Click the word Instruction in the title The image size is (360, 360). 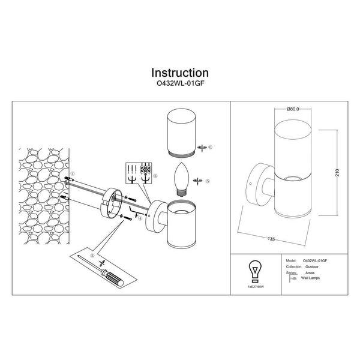coord(180,73)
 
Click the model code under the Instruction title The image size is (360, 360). coord(180,86)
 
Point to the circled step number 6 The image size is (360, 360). coord(211,147)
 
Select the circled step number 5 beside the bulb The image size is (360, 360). coord(207,181)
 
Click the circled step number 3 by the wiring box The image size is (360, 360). coord(155,176)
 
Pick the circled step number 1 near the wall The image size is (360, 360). coord(72,174)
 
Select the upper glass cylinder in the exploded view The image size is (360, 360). coord(180,133)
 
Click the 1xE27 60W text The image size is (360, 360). coord(255,288)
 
